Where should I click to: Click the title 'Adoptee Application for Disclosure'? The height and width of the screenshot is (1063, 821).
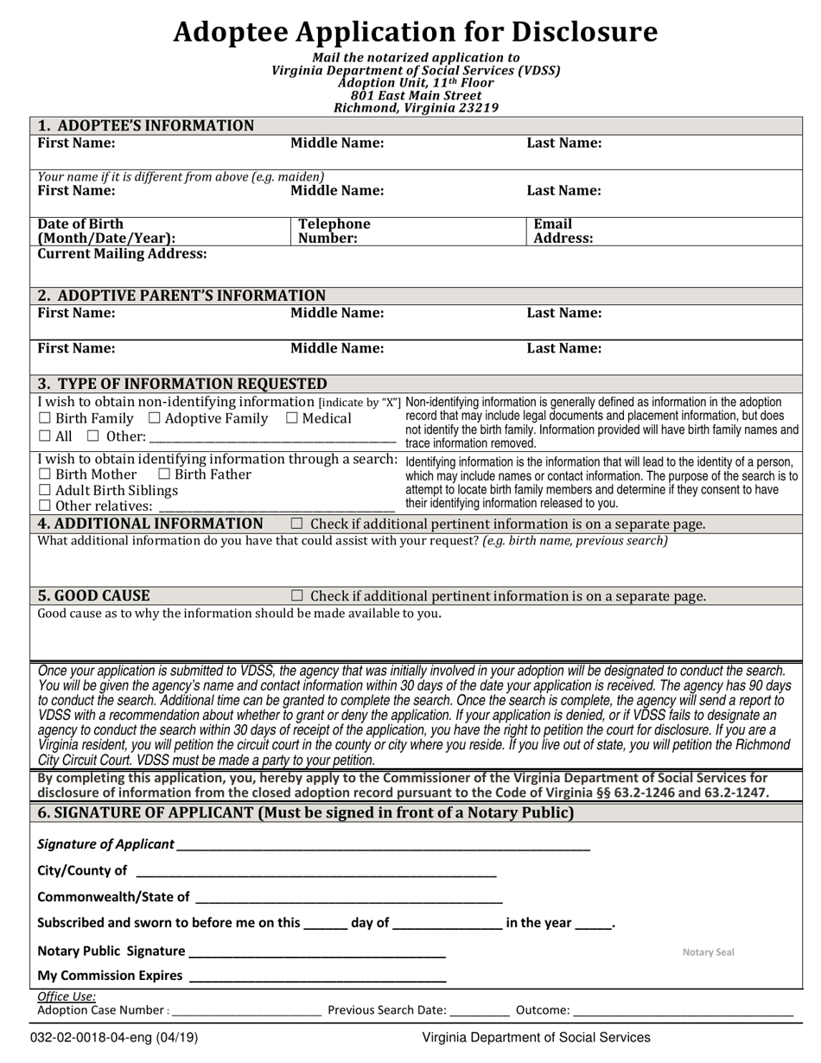tap(415, 32)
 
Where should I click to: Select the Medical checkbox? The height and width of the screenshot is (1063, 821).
tap(292, 419)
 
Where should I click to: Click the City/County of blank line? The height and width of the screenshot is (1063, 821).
tap(315, 872)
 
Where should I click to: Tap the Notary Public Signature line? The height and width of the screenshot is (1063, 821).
tap(316, 952)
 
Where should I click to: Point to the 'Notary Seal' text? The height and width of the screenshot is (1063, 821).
tap(708, 952)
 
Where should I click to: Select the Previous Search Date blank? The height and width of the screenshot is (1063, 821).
tap(480, 1011)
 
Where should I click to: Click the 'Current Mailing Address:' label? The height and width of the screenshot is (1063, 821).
tap(122, 254)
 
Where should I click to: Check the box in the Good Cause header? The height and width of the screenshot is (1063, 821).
tap(297, 595)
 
